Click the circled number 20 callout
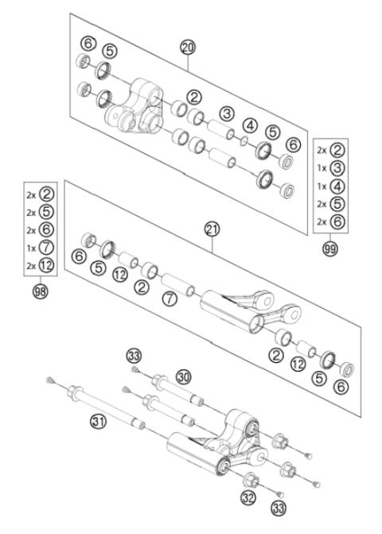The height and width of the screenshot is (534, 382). click(x=188, y=48)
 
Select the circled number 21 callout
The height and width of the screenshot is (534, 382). click(x=212, y=229)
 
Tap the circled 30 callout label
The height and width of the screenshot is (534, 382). click(x=183, y=376)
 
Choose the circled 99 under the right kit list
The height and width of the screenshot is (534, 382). click(x=329, y=249)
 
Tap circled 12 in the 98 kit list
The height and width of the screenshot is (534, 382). click(x=47, y=266)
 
